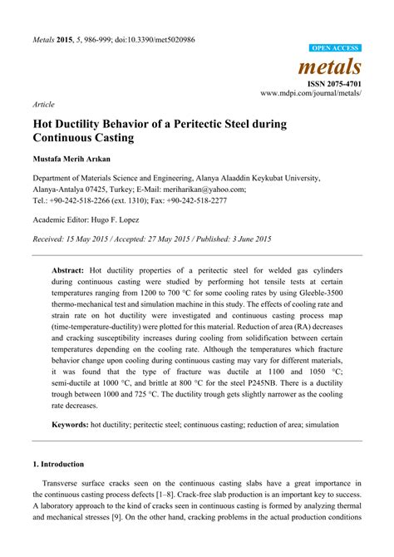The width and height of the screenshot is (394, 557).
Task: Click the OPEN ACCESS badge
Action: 335,49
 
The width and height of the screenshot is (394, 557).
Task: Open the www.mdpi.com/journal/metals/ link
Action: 311,95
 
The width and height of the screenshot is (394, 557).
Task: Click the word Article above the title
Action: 44,106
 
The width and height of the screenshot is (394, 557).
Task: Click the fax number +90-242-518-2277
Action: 196,200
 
